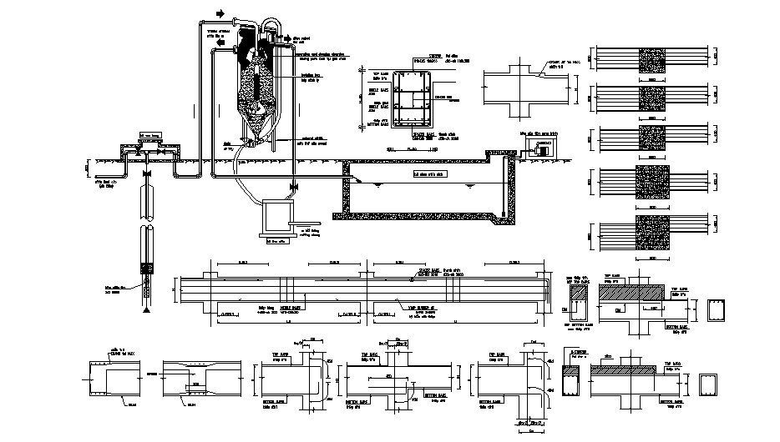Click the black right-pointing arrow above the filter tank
tap(220, 14)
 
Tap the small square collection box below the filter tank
tap(276, 218)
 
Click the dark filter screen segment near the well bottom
tap(147, 269)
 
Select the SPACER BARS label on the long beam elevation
tap(429, 272)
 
